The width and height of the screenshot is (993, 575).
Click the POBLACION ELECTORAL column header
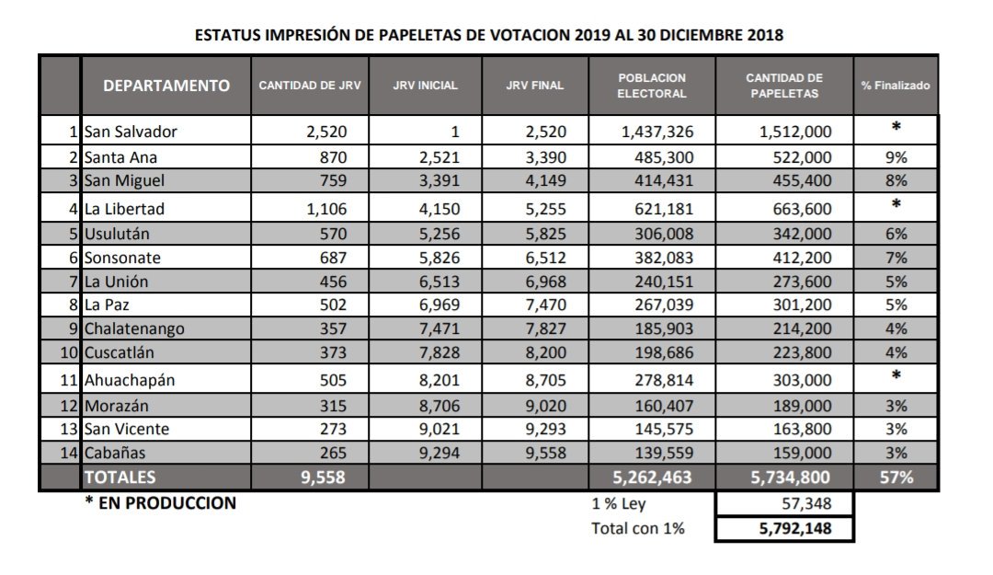click(x=652, y=86)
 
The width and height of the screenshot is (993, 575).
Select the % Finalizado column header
click(x=895, y=86)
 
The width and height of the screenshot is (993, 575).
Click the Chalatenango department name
click(x=133, y=328)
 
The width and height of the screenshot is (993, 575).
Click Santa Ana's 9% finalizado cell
click(x=895, y=157)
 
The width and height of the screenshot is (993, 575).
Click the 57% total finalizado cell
click(x=895, y=477)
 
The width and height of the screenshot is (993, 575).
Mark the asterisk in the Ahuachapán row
click(x=895, y=375)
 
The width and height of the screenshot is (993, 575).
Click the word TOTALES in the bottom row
click(x=120, y=477)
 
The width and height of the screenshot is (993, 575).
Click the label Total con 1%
click(x=637, y=529)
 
